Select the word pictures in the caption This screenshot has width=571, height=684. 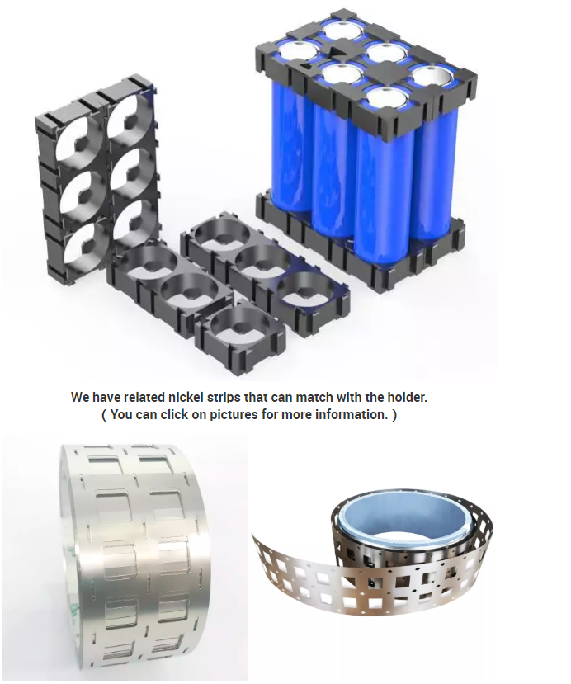pyautogui.click(x=234, y=415)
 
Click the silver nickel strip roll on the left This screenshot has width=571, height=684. pyautogui.click(x=135, y=563)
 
